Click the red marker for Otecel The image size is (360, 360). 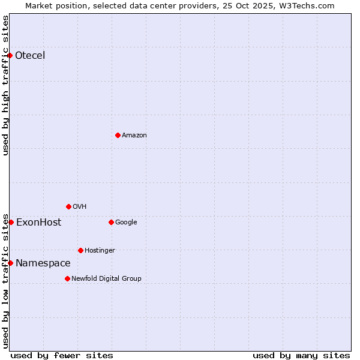pyautogui.click(x=10, y=56)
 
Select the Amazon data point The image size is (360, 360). pyautogui.click(x=118, y=135)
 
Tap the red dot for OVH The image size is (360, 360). pyautogui.click(x=68, y=206)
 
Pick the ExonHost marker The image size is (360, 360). pyautogui.click(x=11, y=222)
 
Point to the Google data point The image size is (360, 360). pyautogui.click(x=111, y=222)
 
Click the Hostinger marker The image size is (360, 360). pyautogui.click(x=80, y=250)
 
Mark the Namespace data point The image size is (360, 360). pyautogui.click(x=10, y=263)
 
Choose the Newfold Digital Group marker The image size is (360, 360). pyautogui.click(x=67, y=278)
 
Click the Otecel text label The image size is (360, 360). pyautogui.click(x=30, y=56)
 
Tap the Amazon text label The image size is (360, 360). pyautogui.click(x=134, y=135)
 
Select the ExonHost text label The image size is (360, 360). pyautogui.click(x=38, y=222)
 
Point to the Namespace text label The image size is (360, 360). pyautogui.click(x=43, y=263)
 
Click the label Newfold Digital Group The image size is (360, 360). pyautogui.click(x=106, y=278)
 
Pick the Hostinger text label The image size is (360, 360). pyautogui.click(x=100, y=250)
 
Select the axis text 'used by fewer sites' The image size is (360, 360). pyautogui.click(x=62, y=355)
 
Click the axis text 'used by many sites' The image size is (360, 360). pyautogui.click(x=301, y=355)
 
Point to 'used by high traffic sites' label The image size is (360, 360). pyautogui.click(x=5, y=85)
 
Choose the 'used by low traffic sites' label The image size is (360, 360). pyautogui.click(x=5, y=280)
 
